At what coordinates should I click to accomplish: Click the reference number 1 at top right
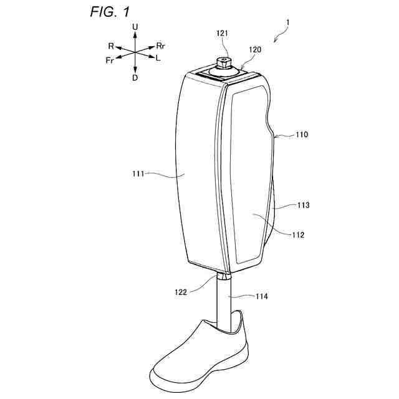tap(287, 22)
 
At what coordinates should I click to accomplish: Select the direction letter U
tap(135, 27)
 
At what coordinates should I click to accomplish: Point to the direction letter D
tap(135, 78)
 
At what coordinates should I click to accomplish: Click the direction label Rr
tap(161, 46)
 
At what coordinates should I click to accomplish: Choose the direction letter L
tap(158, 58)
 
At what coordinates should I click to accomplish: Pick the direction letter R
tap(110, 46)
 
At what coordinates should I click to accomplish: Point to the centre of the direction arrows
tap(135, 53)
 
